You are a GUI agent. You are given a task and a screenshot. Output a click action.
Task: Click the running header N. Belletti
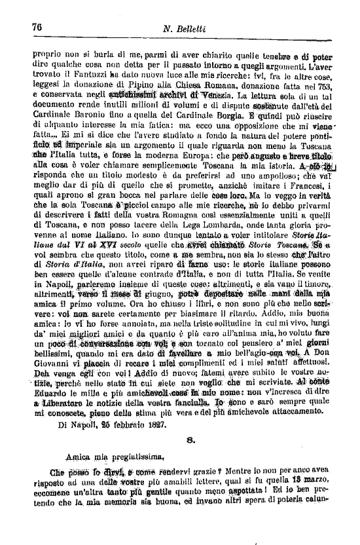pos(186,28)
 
